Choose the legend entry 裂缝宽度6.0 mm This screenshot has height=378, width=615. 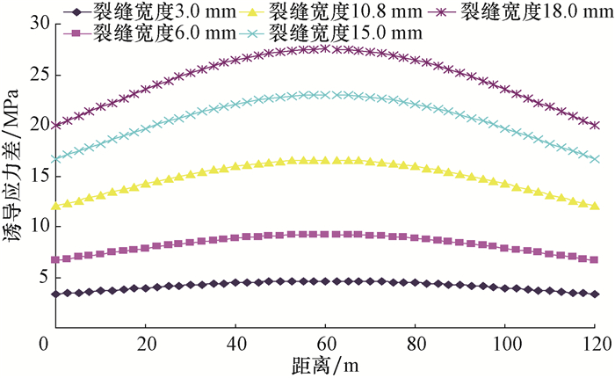click(x=146, y=33)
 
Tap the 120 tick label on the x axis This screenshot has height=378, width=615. click(x=596, y=342)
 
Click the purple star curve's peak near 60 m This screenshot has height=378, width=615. click(x=326, y=48)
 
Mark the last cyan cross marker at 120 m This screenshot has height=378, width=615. click(x=596, y=159)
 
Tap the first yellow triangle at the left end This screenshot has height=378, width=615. click(x=56, y=206)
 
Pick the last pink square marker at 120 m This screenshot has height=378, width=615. click(x=596, y=260)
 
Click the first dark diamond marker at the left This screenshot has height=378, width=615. click(x=56, y=294)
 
